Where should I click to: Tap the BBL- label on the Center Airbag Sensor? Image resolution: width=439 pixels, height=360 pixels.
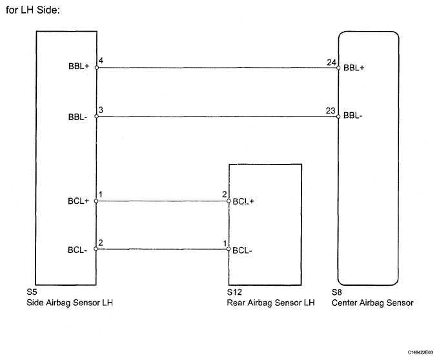pos(354,117)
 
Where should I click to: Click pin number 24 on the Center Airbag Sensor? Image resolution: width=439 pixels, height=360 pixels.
pos(332,62)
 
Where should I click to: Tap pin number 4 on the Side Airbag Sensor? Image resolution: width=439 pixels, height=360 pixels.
pos(101,62)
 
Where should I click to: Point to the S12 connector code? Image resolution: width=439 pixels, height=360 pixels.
pos(234,292)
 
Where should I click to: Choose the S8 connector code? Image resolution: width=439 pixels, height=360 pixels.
pos(337,292)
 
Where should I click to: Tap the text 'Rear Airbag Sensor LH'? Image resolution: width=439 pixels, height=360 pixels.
pos(271,301)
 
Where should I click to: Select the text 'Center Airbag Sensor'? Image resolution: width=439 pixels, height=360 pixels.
pos(373,301)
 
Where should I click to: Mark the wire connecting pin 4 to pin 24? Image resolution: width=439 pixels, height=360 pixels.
pos(216,66)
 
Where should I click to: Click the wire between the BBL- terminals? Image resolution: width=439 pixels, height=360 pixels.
pos(216,117)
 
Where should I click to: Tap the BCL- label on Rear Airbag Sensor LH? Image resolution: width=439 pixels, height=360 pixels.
pos(242,249)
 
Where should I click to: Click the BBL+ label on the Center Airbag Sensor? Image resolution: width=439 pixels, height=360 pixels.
pos(354,67)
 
